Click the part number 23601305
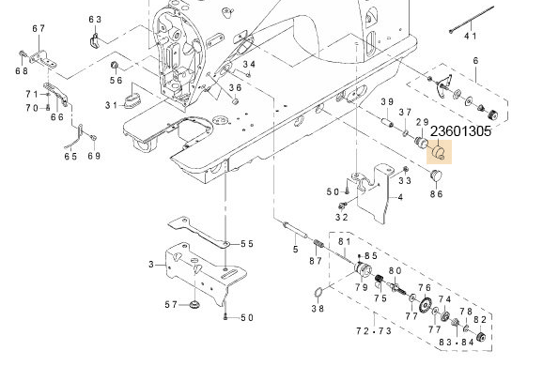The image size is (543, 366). pyautogui.click(x=473, y=132)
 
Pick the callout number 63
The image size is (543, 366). pyautogui.click(x=95, y=20)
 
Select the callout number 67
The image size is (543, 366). pyautogui.click(x=39, y=29)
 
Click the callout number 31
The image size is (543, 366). pyautogui.click(x=112, y=104)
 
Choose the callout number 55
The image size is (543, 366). pyautogui.click(x=247, y=244)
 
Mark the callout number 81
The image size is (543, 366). pyautogui.click(x=344, y=243)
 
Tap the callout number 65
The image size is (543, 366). pyautogui.click(x=71, y=157)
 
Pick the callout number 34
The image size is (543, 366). pyautogui.click(x=249, y=65)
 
